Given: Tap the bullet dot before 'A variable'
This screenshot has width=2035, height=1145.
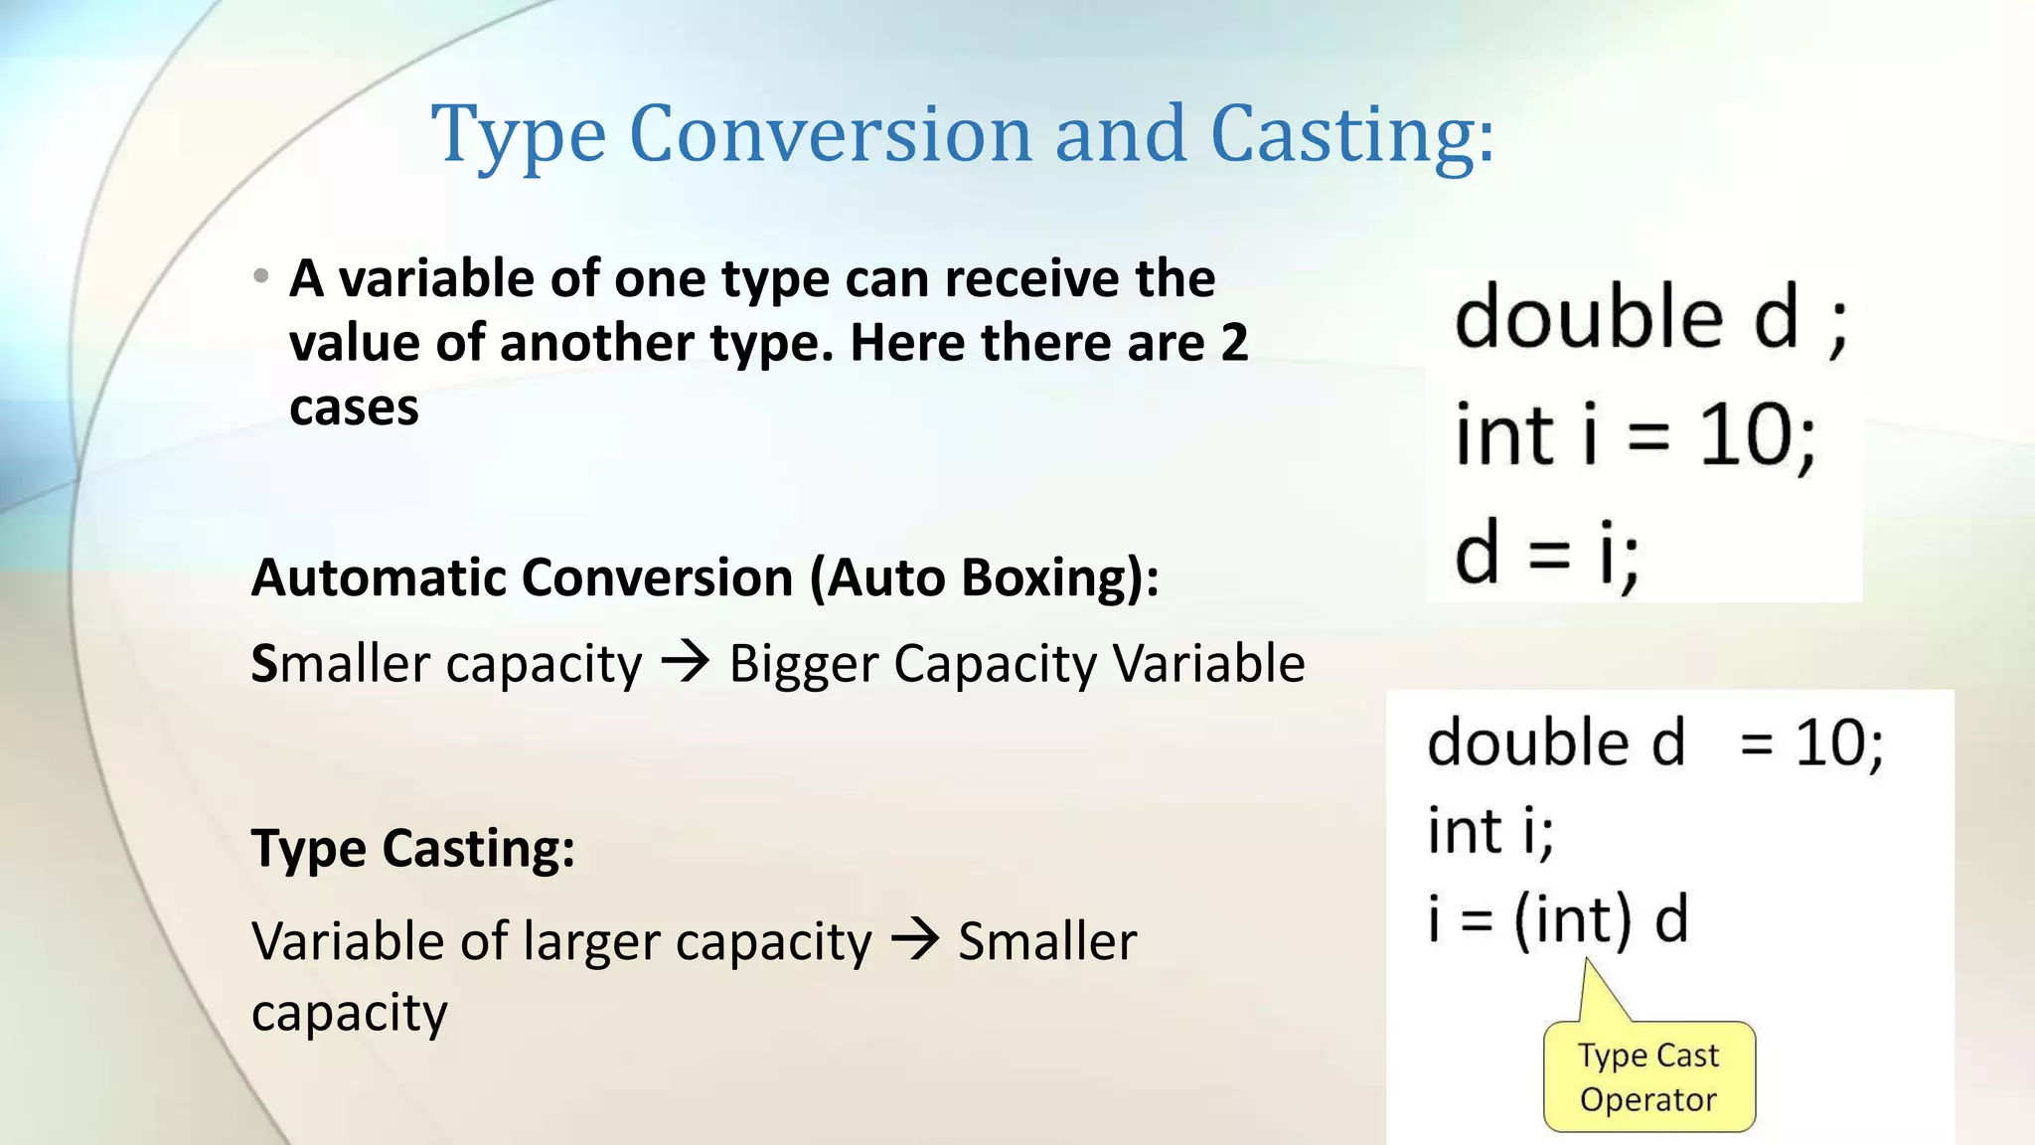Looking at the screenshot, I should [x=261, y=275].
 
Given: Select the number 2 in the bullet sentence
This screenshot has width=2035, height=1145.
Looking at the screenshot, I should [x=1234, y=343].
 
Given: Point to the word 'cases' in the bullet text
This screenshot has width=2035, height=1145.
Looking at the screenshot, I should [x=354, y=408].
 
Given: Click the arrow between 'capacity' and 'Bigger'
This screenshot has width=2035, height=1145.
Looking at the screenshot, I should [x=686, y=661].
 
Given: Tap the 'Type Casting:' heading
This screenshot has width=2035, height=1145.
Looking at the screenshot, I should [x=413, y=849].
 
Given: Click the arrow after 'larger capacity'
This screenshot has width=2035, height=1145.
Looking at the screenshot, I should [x=914, y=939].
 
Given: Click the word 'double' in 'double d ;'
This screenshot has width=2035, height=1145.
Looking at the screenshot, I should [x=1588, y=316].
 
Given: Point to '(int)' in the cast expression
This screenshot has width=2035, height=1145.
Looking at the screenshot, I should [x=1572, y=918].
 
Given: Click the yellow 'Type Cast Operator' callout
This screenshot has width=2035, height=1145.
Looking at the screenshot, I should [x=1648, y=1076].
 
